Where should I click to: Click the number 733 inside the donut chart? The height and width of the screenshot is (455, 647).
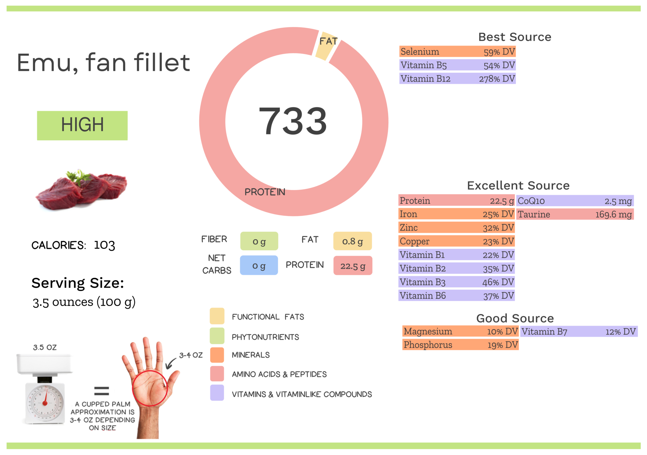click(x=293, y=121)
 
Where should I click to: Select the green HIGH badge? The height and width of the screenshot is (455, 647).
click(x=82, y=125)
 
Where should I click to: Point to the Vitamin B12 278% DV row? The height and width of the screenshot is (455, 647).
click(x=457, y=79)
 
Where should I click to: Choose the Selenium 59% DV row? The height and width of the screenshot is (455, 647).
click(x=457, y=51)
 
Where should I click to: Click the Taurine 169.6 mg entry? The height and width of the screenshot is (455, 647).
click(x=575, y=214)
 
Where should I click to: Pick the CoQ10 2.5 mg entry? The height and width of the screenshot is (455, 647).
click(x=575, y=201)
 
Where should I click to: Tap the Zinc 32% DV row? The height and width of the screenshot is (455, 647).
click(x=457, y=228)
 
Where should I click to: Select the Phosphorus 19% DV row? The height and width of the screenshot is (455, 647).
click(x=460, y=345)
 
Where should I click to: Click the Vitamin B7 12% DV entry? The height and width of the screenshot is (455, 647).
click(x=578, y=332)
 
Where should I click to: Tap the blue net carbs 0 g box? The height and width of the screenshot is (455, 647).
click(x=259, y=266)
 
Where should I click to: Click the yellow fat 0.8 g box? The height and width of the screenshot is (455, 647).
click(x=352, y=241)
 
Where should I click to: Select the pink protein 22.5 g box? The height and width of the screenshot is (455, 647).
click(x=353, y=266)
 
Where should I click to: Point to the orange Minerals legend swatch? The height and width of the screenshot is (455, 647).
click(x=217, y=355)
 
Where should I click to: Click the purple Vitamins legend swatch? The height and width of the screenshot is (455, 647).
click(x=217, y=393)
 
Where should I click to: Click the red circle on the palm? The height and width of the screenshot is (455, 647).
click(x=150, y=388)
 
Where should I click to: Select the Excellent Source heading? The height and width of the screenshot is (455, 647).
click(x=518, y=185)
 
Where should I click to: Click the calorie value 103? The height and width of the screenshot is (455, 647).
click(x=105, y=245)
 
